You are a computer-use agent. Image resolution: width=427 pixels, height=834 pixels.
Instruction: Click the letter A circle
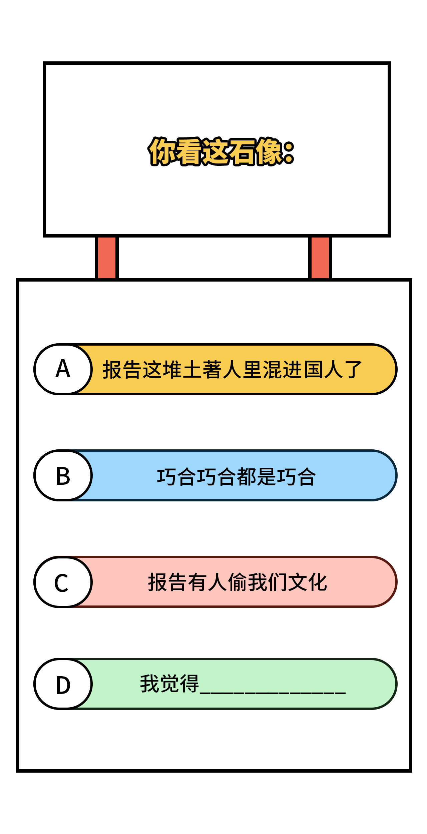63,369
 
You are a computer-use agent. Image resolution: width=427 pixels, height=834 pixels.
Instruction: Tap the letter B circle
63,475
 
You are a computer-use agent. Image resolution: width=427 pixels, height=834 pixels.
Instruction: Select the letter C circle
63,582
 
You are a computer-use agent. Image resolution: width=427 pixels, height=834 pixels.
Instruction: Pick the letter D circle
63,684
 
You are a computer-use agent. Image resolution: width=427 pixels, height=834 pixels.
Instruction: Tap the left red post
107,258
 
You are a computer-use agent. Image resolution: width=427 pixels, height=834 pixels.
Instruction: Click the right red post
320,258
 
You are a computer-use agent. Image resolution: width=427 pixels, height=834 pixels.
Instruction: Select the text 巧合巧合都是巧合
236,476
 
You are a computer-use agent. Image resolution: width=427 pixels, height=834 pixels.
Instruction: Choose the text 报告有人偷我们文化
238,582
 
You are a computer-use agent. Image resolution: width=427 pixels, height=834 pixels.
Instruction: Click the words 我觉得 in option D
169,684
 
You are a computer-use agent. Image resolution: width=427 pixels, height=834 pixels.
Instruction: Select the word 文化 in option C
308,582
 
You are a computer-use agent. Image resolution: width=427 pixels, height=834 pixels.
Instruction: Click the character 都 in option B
247,476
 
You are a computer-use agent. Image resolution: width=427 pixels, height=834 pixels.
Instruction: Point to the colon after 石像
289,152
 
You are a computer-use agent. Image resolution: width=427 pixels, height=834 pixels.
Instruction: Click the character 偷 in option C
238,582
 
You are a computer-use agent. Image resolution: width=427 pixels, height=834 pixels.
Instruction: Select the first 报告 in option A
122,370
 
